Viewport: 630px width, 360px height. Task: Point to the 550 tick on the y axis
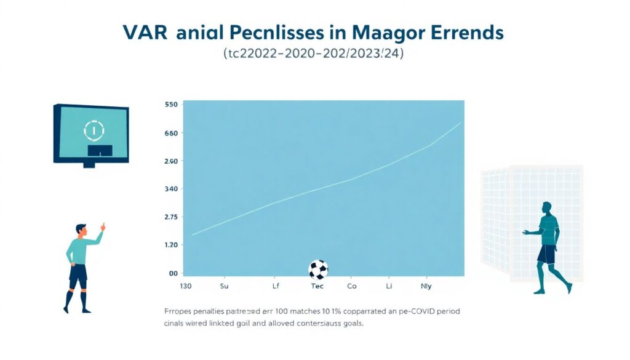[x=172, y=105]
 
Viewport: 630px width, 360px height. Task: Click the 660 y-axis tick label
[x=172, y=133]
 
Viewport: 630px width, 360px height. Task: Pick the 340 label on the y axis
[x=172, y=189]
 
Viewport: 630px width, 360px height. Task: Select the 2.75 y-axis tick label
[x=172, y=217]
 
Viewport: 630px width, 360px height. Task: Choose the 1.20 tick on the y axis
[x=172, y=245]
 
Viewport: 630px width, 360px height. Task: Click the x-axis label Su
[x=224, y=286]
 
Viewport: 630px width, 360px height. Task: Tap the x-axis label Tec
[x=317, y=286]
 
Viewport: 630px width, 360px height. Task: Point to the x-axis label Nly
[x=425, y=286]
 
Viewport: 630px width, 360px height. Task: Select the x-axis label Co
[x=352, y=286]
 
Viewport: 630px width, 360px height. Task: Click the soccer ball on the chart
[x=318, y=270]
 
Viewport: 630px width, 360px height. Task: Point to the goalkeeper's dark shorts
[x=546, y=254]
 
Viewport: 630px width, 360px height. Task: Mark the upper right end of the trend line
[x=460, y=123]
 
